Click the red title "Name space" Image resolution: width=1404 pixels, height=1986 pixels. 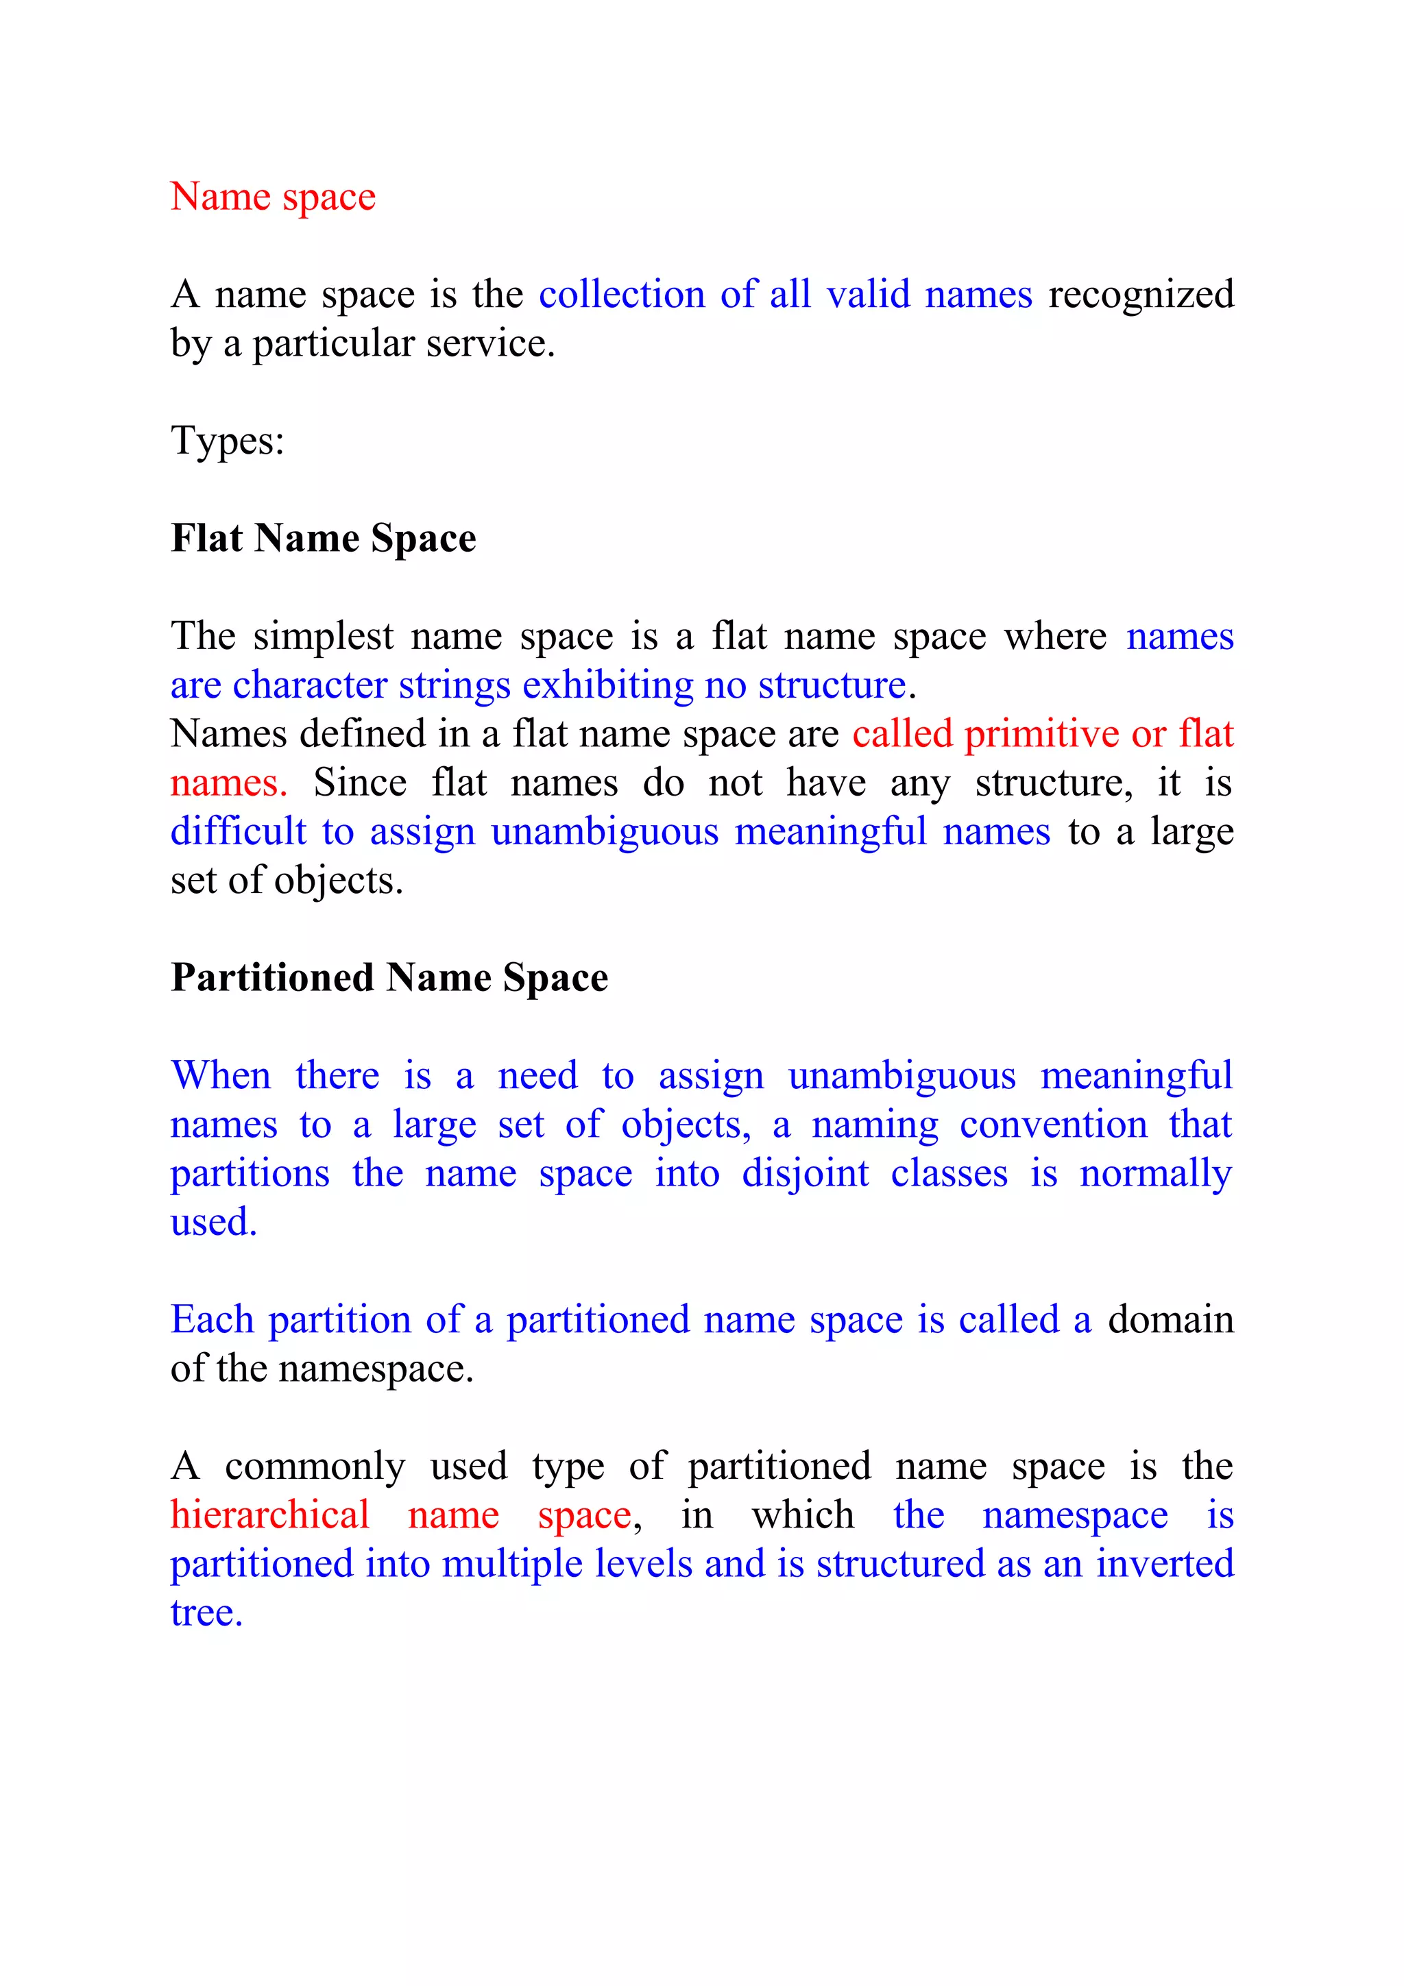pyautogui.click(x=272, y=197)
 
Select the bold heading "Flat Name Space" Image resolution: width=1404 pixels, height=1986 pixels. pyautogui.click(x=324, y=538)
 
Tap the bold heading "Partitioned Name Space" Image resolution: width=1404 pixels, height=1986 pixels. pyautogui.click(x=389, y=977)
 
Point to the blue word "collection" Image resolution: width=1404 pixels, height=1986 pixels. pyautogui.click(x=621, y=294)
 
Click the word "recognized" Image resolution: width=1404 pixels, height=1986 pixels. pyautogui.click(x=1140, y=294)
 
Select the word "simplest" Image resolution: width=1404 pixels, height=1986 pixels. pyautogui.click(x=324, y=636)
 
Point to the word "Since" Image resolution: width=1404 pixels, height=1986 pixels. pyautogui.click(x=359, y=783)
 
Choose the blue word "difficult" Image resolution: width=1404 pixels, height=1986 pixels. pyautogui.click(x=238, y=831)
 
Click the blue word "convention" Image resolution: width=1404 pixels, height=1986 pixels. pyautogui.click(x=1053, y=1125)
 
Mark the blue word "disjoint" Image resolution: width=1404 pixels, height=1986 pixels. pyautogui.click(x=805, y=1174)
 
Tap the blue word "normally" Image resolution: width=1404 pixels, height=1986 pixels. pyautogui.click(x=1156, y=1174)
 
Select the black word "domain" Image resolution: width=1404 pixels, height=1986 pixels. pyautogui.click(x=1170, y=1320)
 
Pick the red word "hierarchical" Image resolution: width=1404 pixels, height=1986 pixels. pyautogui.click(x=270, y=1515)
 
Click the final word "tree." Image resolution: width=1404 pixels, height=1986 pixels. pyautogui.click(x=206, y=1613)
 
